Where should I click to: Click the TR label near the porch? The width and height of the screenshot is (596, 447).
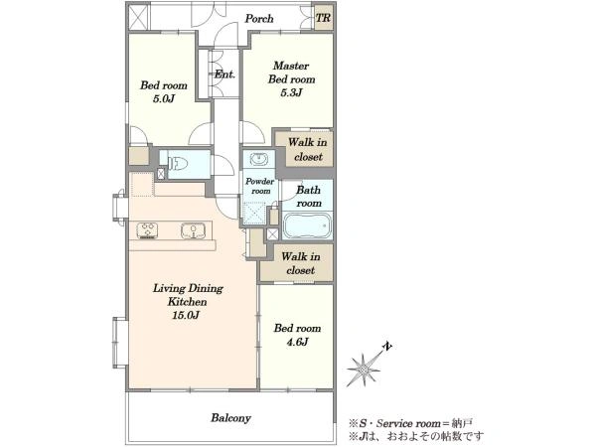tap(323, 18)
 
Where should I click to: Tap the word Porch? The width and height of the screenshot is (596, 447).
tap(259, 18)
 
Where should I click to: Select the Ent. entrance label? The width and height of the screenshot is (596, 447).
tap(224, 74)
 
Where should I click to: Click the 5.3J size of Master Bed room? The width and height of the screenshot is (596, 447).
tap(291, 92)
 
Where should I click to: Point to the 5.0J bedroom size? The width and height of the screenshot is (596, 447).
tap(164, 98)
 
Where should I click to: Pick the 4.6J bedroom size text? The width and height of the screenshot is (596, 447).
tap(297, 342)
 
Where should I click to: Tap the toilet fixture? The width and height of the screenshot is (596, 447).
tap(178, 164)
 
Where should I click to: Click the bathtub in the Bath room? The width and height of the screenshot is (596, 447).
tap(307, 225)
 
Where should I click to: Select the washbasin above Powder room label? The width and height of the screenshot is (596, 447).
tap(259, 159)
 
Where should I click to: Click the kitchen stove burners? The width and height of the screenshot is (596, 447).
tap(147, 230)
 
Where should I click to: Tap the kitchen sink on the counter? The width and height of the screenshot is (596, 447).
tap(193, 230)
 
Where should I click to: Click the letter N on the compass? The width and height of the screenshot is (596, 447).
tap(387, 347)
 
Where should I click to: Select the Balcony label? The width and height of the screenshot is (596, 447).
tap(230, 418)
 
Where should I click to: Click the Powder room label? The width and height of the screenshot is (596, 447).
tap(259, 186)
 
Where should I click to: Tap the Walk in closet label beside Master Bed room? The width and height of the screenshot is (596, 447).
tap(308, 149)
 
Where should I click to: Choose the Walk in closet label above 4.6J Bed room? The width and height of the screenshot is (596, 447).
tap(300, 263)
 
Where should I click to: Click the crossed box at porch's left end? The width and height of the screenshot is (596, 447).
tap(138, 17)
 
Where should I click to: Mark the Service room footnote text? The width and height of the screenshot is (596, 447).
tap(411, 423)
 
